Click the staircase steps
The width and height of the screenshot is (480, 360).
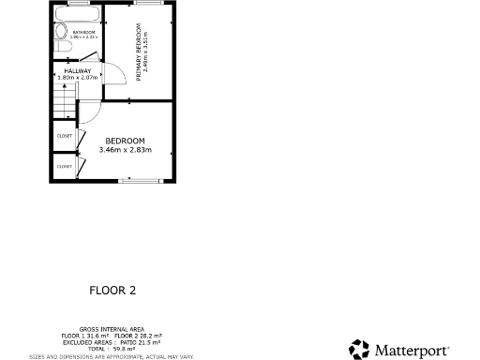coord(62,99)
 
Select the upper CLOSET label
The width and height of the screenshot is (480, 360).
coord(65,135)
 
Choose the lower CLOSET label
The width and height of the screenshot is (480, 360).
coord(65,166)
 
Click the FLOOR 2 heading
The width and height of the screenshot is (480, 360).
coord(112,291)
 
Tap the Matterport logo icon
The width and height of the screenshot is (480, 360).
coord(359,349)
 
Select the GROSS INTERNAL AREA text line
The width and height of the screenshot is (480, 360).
coord(112,329)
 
